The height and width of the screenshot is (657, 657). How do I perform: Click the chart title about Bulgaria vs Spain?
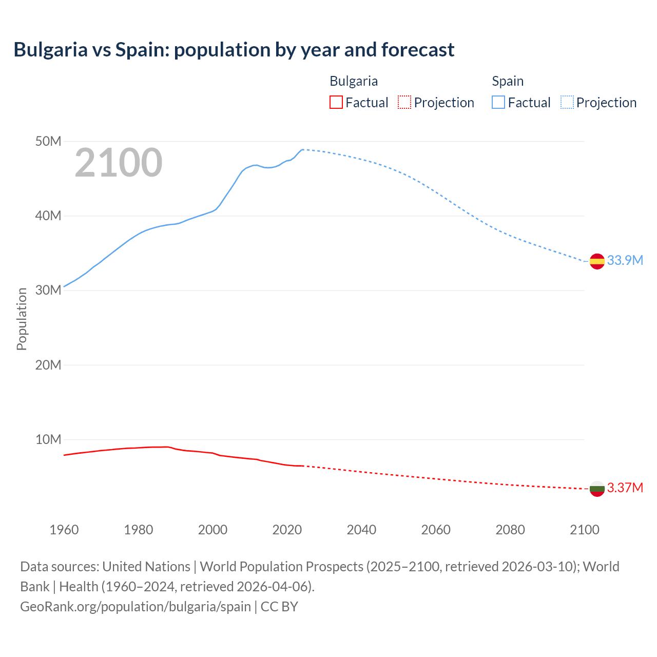[x=234, y=50]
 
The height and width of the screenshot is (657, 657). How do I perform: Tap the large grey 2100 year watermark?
[x=119, y=163]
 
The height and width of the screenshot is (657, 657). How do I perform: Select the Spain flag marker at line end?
[x=597, y=261]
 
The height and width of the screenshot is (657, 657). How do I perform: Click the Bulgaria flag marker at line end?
[x=597, y=489]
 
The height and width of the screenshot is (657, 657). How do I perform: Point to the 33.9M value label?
[x=625, y=260]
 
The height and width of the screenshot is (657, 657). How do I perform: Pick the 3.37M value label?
[x=625, y=488]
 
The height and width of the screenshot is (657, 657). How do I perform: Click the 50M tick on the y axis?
[x=48, y=141]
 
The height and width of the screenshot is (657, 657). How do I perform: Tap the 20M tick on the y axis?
[x=48, y=365]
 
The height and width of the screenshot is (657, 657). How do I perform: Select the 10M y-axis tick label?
[x=48, y=439]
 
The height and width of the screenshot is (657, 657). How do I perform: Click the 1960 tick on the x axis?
[x=64, y=530]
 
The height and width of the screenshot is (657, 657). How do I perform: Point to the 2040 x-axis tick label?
[x=361, y=530]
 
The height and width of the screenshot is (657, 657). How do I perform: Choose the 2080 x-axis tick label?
[x=510, y=530]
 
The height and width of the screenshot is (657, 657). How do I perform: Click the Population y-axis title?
[x=22, y=319]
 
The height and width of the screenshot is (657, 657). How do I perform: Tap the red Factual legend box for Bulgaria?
[x=336, y=102]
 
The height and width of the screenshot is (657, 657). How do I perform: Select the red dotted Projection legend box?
[x=404, y=102]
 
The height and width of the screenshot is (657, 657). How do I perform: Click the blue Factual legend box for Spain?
[x=498, y=102]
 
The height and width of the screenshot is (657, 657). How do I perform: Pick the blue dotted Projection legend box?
[x=567, y=102]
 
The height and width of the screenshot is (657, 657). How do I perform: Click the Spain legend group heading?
[x=508, y=81]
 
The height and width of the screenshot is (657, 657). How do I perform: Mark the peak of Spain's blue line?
[x=303, y=149]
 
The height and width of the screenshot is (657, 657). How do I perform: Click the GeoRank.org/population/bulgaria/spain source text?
[x=136, y=606]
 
